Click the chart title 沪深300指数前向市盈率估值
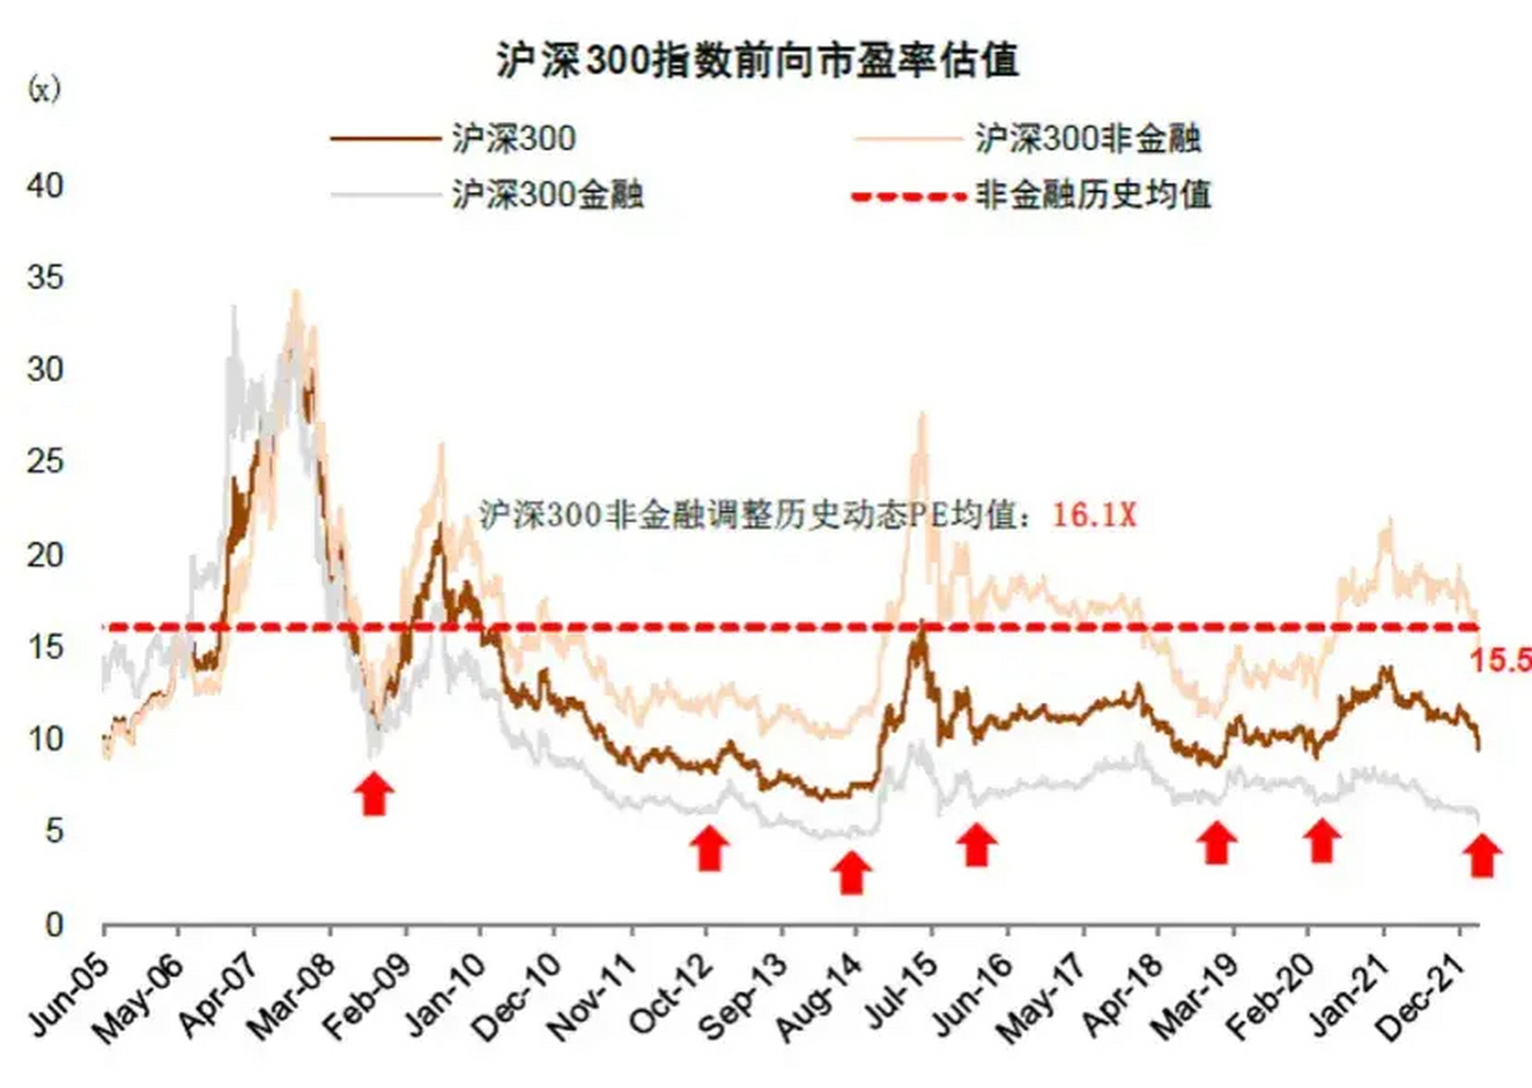757,61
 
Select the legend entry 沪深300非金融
1087,138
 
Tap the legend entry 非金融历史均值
1092,195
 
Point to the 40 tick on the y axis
45,185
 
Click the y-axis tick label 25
45,462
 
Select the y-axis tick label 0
54,924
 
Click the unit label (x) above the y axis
45,88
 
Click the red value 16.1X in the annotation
1094,514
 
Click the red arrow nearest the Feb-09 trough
374,793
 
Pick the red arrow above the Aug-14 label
851,872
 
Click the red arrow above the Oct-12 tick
709,847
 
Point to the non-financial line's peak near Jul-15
922,416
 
